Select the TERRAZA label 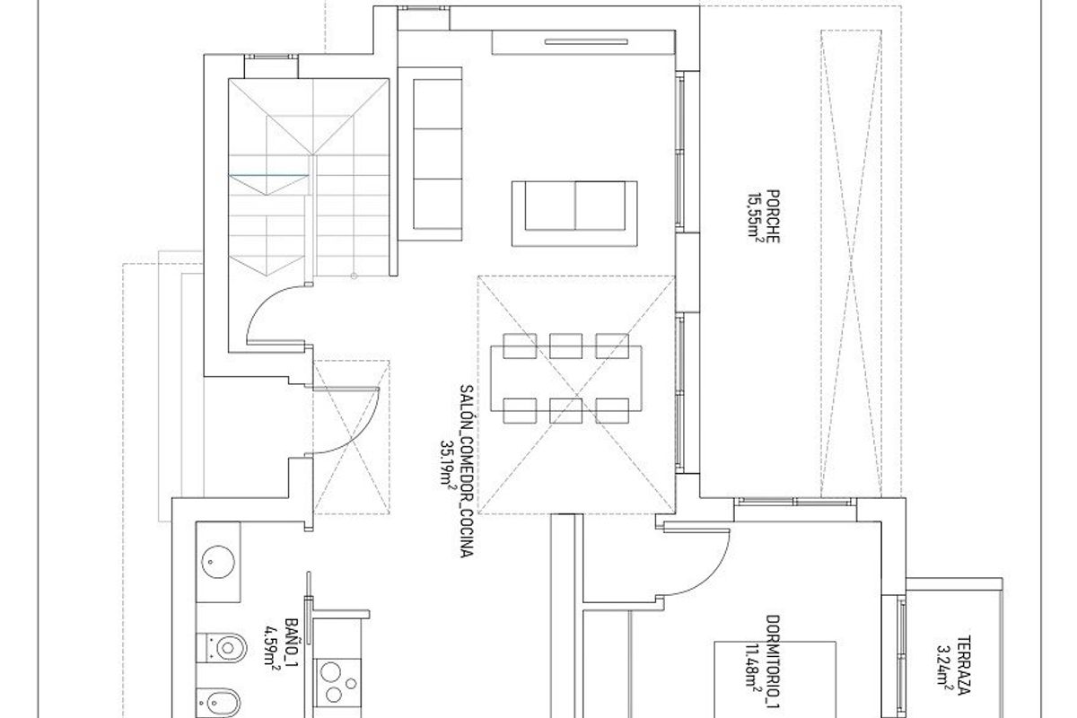(x=962, y=667)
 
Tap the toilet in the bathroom (x=223, y=644)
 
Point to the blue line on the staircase (x=270, y=173)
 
